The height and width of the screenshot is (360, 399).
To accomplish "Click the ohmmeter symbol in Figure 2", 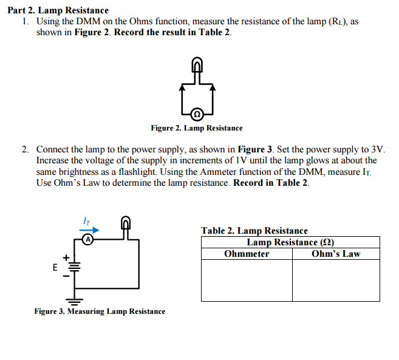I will [196, 114].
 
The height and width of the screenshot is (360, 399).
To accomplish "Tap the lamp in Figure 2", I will [196, 64].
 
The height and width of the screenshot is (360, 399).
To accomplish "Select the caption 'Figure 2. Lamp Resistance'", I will [196, 128].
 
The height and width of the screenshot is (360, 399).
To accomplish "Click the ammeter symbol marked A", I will [88, 240].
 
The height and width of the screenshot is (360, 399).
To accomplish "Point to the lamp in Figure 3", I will [126, 225].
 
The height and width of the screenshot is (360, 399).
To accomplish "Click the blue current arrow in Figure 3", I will [90, 229].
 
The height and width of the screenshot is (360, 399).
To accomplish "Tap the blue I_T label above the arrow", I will [87, 220].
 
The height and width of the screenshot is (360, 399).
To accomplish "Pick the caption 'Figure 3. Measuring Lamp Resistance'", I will [100, 311].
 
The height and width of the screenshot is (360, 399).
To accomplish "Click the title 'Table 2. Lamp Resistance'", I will [254, 231].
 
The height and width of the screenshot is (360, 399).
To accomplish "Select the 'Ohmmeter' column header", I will [247, 254].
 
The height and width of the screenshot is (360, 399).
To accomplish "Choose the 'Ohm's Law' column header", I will [336, 254].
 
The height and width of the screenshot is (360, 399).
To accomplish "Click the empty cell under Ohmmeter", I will [247, 280].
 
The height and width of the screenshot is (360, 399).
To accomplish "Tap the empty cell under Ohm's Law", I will [336, 280].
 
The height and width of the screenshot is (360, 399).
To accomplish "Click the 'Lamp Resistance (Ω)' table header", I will [290, 242].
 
